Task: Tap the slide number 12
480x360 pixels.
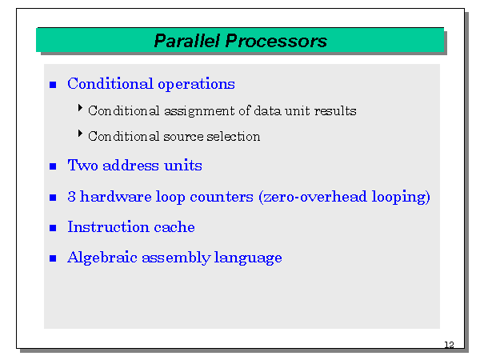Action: point(448,345)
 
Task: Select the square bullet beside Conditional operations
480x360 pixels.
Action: point(54,85)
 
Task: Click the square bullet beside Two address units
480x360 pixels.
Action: point(54,166)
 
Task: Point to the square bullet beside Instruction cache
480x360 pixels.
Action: point(54,228)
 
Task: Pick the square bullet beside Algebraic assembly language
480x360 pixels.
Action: point(54,259)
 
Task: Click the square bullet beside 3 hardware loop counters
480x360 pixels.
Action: point(54,198)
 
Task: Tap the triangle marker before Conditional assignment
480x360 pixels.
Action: point(81,108)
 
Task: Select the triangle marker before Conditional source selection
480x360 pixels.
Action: point(81,134)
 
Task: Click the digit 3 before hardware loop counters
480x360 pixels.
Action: point(71,197)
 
